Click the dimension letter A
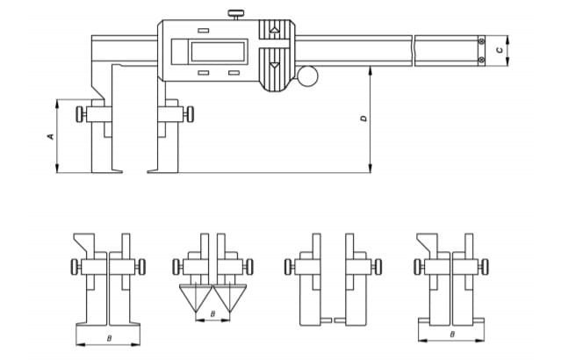pos(50,136)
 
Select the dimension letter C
pos(500,50)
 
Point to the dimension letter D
pos(362,118)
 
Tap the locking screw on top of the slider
pos(235,14)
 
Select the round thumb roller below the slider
pos(310,77)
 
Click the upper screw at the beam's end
pos(480,40)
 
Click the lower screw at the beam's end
pos(480,60)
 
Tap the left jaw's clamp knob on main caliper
pos(82,113)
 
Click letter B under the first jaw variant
pos(107,337)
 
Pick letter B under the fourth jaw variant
pos(451,335)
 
